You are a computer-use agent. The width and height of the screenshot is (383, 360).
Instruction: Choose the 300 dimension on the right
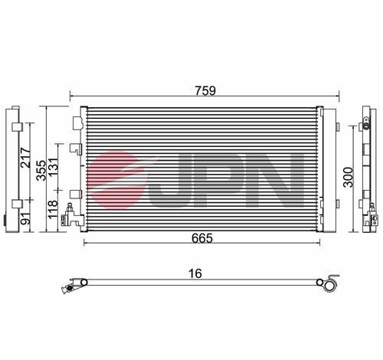pos(349,177)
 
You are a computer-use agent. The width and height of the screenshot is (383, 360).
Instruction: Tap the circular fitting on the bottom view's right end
pos(330,285)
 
